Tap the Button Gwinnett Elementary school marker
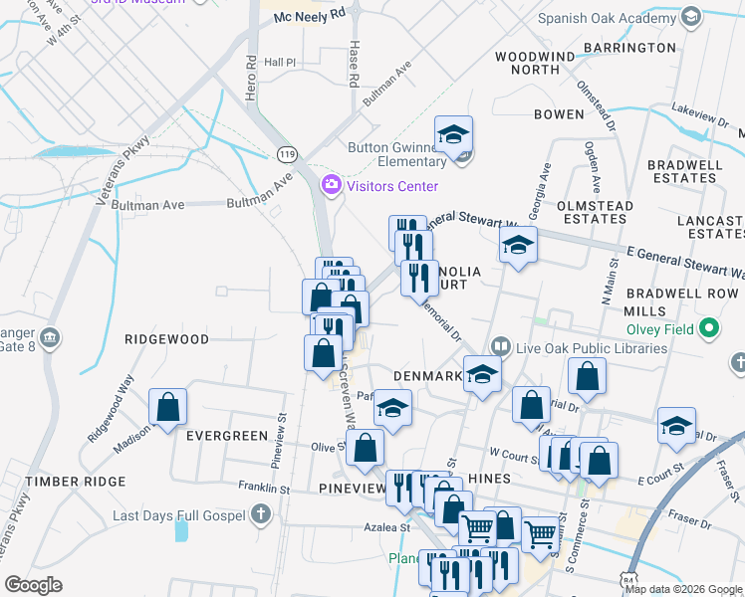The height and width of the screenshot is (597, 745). coord(453,134)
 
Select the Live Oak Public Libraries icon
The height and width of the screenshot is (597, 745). coord(500,347)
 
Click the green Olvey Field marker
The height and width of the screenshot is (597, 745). coord(708,327)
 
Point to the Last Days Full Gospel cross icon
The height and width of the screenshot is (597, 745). coord(260,514)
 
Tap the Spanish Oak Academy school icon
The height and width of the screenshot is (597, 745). coord(690,18)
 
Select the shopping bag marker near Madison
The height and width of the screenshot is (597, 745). coord(167,407)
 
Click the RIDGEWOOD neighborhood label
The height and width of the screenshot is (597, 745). coord(166,339)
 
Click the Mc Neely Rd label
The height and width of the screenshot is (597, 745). coord(309,17)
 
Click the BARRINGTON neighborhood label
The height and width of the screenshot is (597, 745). coord(629,48)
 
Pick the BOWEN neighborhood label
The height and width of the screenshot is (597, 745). coord(558,114)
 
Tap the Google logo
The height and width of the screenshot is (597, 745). coord(33,585)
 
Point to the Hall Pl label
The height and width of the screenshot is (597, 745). coord(280,62)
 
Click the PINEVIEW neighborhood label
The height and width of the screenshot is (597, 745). coord(353,489)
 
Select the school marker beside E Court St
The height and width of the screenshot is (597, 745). coord(676,426)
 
